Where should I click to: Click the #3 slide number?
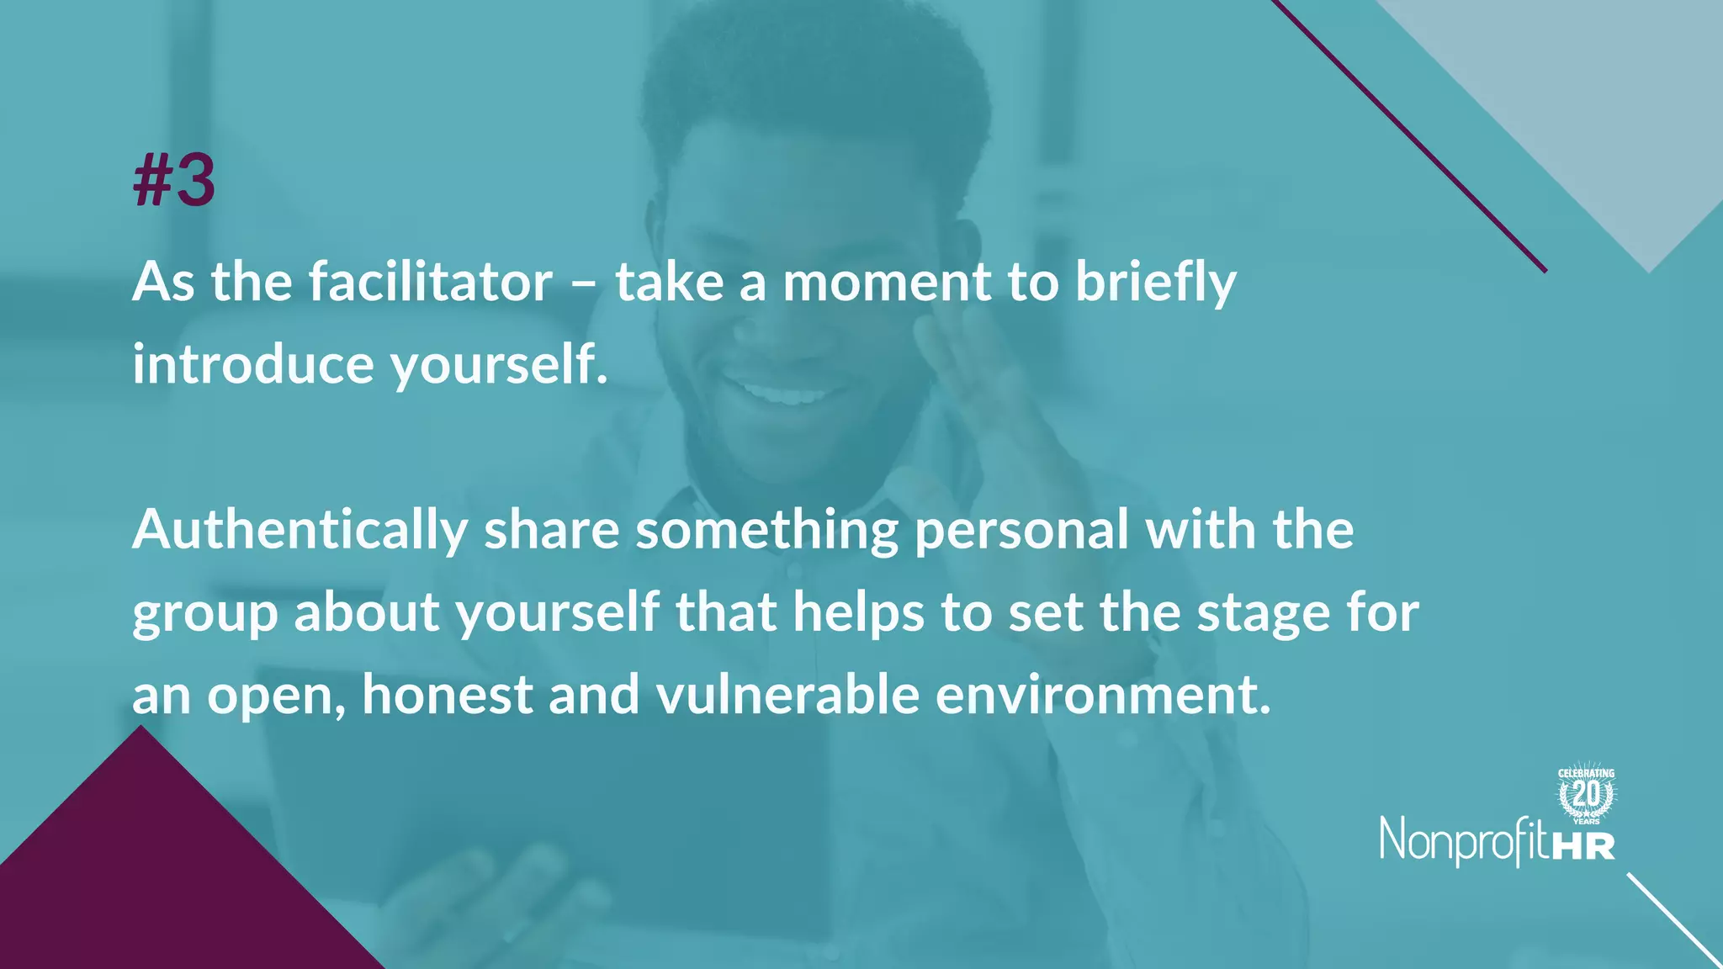[x=174, y=181]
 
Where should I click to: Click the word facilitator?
[x=431, y=282]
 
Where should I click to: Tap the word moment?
[x=887, y=282]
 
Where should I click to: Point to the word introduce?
[x=253, y=364]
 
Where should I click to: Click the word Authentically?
[x=300, y=531]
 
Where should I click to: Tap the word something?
[x=766, y=531]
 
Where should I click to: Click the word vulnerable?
[x=787, y=696]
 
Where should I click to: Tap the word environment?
[x=1103, y=696]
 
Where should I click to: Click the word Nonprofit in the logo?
[x=1464, y=841]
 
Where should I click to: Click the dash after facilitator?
[x=584, y=283]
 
